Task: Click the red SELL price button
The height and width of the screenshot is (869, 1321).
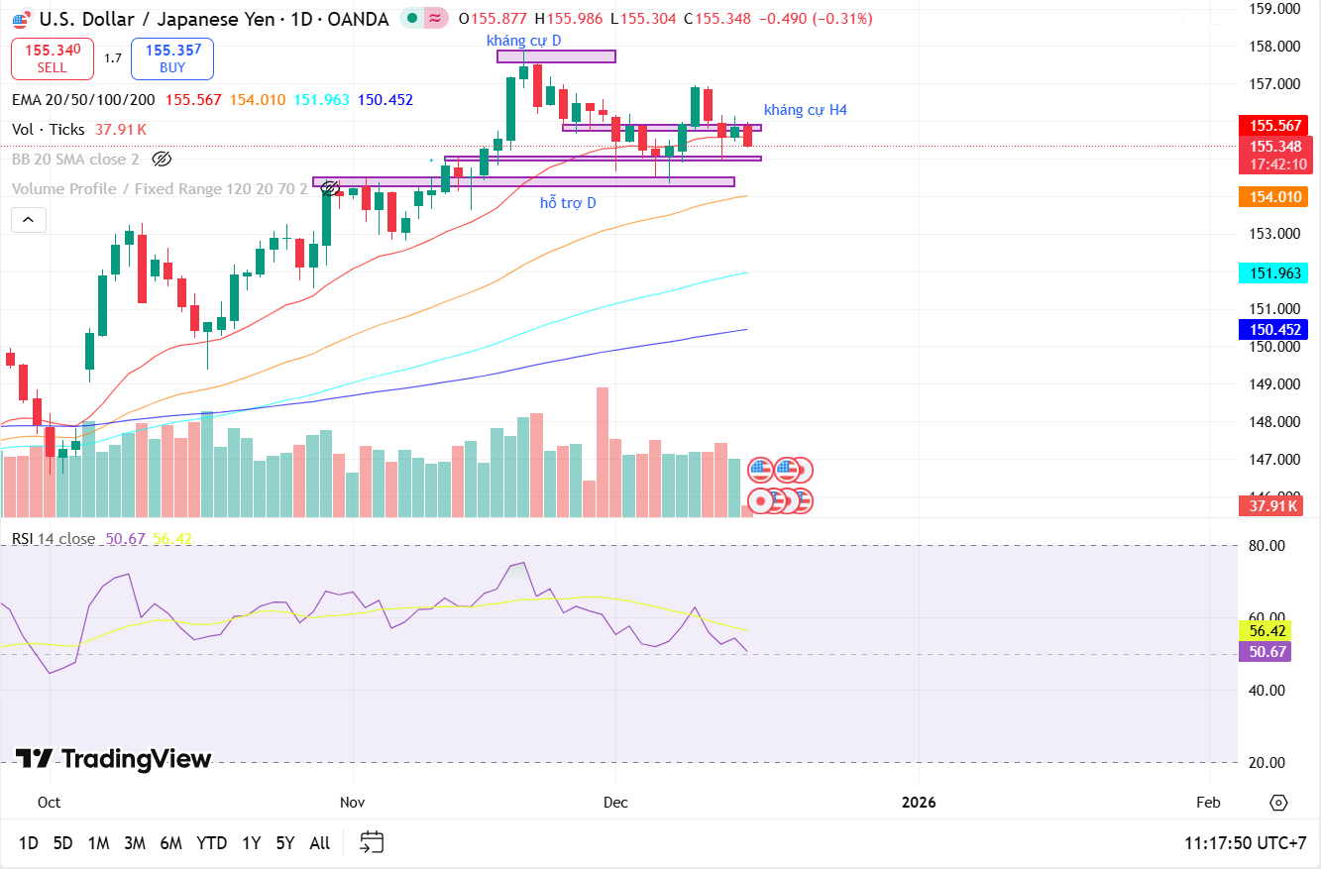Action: click(x=53, y=58)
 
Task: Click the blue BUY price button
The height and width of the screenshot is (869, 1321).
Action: click(x=172, y=58)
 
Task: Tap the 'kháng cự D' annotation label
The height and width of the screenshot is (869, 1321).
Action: click(x=524, y=41)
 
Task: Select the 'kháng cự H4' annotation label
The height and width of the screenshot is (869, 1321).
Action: click(x=805, y=110)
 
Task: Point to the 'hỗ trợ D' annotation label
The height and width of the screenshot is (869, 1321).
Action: click(x=568, y=203)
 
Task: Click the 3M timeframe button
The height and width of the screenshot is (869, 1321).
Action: click(x=135, y=843)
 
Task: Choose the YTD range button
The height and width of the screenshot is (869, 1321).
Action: click(x=211, y=843)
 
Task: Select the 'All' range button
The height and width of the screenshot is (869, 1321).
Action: click(x=319, y=843)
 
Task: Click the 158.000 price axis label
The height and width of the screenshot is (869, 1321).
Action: click(x=1274, y=47)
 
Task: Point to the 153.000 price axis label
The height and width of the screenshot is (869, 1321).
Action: click(x=1274, y=234)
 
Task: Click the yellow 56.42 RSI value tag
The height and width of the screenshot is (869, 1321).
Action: click(x=1267, y=631)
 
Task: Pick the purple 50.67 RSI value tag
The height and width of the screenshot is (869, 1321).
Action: click(x=1267, y=651)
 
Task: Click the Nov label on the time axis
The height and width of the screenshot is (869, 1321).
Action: click(x=352, y=802)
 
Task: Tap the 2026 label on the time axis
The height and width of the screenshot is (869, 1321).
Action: click(x=919, y=802)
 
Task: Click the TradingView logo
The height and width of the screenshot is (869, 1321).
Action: click(x=114, y=760)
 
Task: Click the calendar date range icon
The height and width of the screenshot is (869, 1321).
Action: click(x=372, y=842)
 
